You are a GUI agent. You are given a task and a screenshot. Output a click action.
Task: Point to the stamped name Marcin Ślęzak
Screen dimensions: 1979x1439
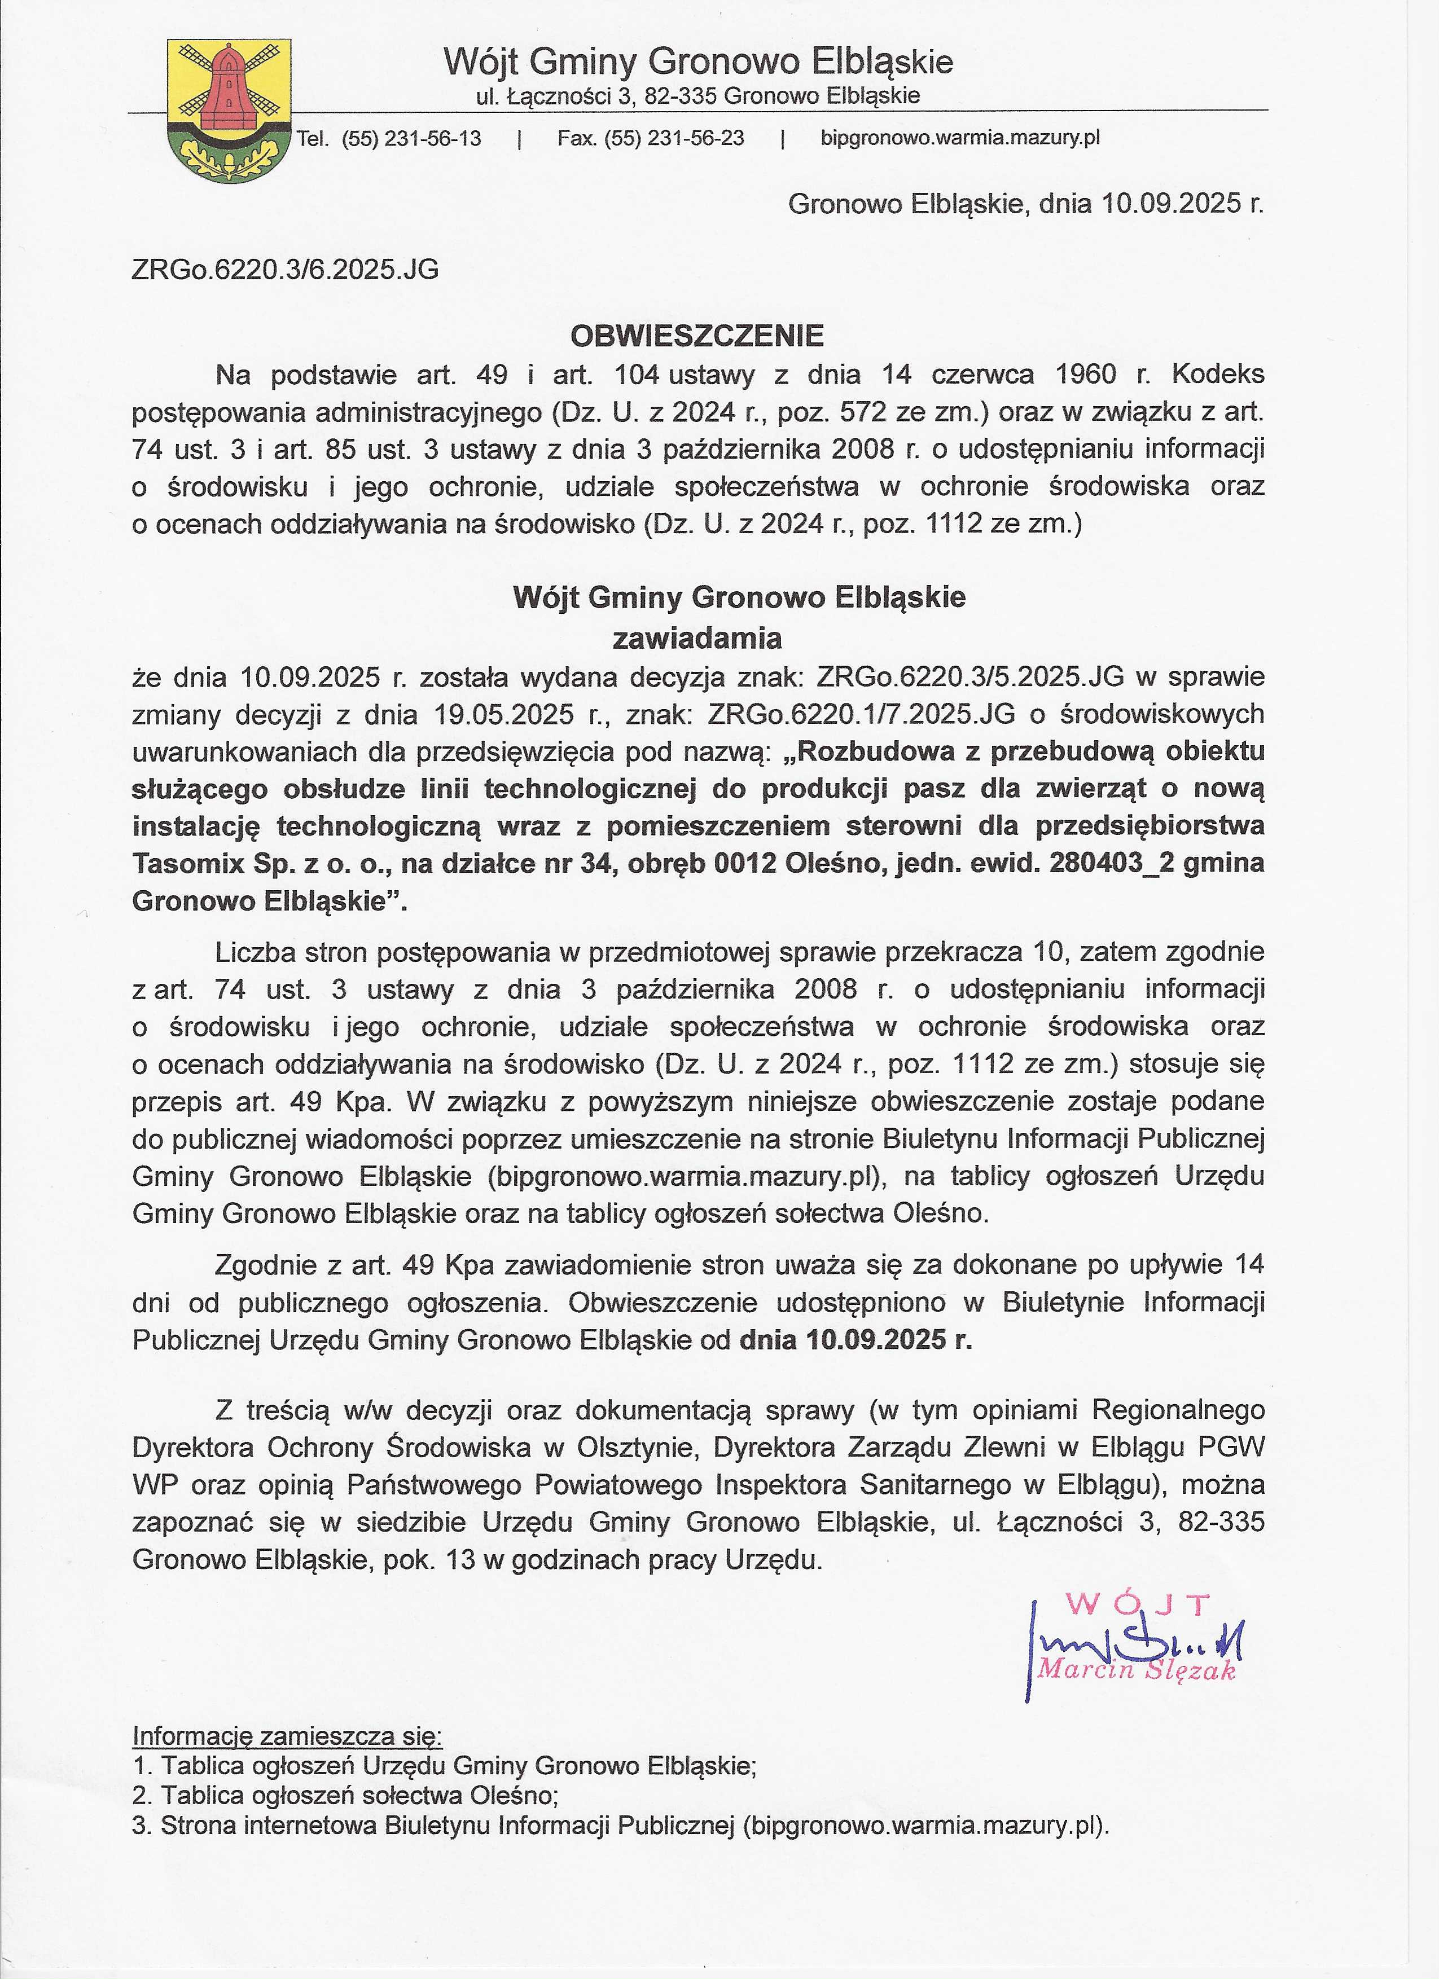tap(1136, 1670)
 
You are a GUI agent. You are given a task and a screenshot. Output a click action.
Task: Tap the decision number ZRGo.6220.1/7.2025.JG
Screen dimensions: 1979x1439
tap(862, 714)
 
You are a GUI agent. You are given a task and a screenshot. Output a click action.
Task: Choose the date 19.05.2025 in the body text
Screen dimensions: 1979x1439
tap(503, 714)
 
